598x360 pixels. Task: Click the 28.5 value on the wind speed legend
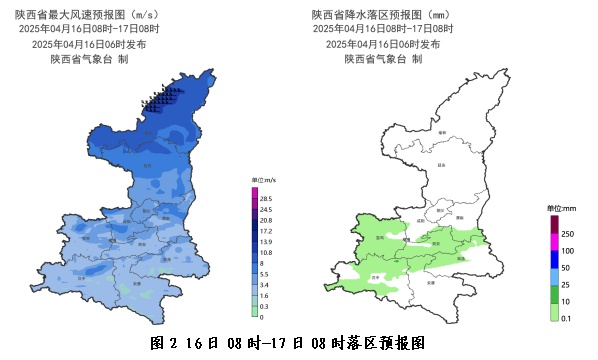point(266,198)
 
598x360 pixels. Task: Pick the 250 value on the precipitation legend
point(567,232)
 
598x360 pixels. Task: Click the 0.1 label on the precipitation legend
point(567,318)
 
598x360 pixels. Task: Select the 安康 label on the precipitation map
point(431,283)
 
